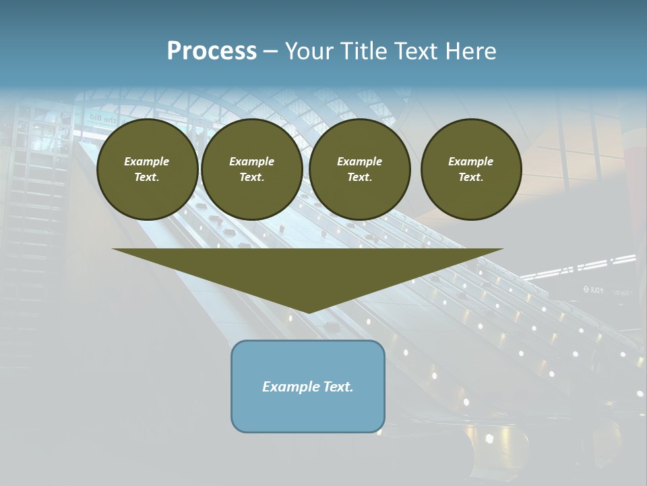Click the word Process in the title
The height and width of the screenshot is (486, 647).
point(212,51)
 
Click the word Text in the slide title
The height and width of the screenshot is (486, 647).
point(416,51)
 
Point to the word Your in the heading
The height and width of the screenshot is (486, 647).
point(309,51)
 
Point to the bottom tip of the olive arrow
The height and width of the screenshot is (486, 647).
point(308,312)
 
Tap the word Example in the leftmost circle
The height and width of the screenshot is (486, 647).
point(147,161)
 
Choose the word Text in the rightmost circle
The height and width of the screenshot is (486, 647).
point(470,177)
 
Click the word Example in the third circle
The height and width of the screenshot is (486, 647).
point(359,161)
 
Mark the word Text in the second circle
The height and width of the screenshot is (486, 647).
point(251,177)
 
